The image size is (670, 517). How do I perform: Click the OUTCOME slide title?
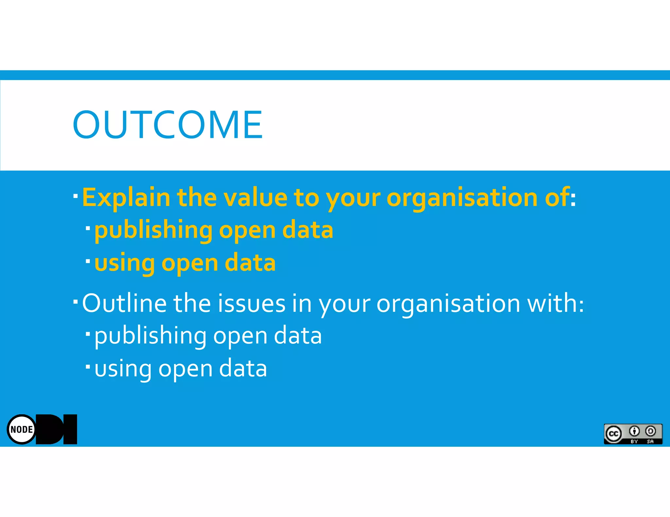[167, 125]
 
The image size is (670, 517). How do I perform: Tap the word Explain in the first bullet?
[126, 198]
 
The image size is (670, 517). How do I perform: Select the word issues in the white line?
[252, 303]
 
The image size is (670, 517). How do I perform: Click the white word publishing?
[150, 336]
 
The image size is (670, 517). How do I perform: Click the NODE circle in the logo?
[22, 429]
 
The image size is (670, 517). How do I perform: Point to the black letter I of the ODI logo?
[70, 429]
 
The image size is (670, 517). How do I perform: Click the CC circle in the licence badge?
[613, 434]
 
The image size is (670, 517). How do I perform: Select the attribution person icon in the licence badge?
[634, 431]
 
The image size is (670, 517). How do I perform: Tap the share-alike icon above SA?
[650, 431]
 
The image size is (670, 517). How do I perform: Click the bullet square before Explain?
[76, 196]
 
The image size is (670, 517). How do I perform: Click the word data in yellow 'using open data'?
[250, 263]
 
